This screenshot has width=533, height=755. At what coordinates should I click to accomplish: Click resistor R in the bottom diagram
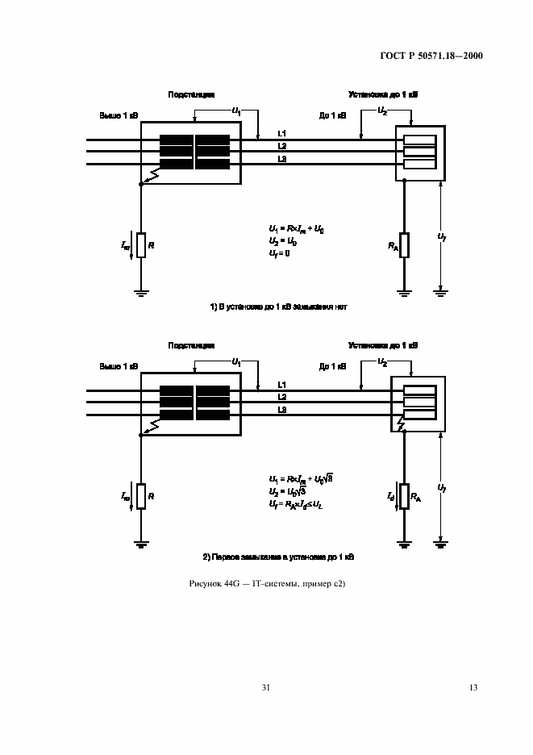point(141,495)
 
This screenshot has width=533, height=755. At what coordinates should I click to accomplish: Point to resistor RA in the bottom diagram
point(404,495)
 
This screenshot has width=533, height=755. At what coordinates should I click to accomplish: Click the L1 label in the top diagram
point(281,133)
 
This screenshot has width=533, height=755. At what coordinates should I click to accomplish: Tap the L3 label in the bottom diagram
point(281,411)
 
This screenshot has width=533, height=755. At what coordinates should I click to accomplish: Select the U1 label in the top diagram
point(236,110)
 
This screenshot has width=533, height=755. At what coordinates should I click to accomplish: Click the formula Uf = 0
point(279,253)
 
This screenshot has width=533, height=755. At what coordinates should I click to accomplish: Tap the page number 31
point(266,687)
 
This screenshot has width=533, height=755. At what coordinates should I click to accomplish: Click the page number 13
point(473,687)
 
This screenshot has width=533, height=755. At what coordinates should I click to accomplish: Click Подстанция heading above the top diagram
point(191,95)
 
